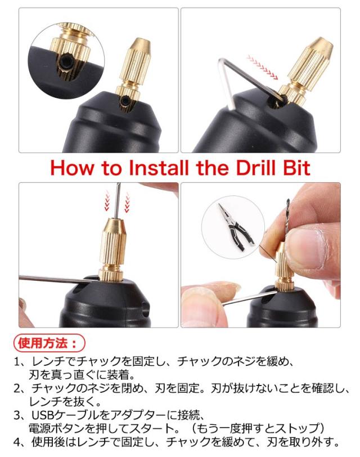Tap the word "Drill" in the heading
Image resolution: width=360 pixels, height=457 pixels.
coord(255,168)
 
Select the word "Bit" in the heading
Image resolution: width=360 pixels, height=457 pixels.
coord(296,168)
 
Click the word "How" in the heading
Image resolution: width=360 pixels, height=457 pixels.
coord(73,168)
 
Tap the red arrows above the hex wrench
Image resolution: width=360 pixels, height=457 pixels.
coord(263,67)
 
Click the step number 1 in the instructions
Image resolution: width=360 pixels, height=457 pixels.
coord(17,362)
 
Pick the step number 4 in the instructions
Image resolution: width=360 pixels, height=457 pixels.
coord(17,442)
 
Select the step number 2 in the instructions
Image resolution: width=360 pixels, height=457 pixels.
coord(17,388)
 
